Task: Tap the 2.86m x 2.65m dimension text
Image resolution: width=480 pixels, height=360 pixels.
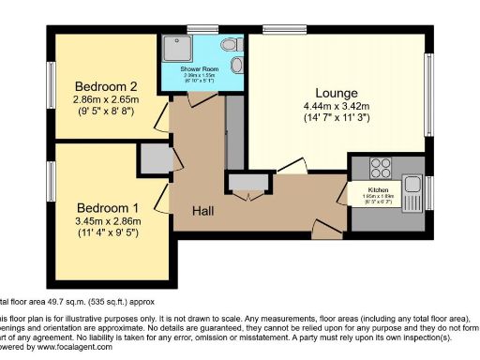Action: (x=106, y=97)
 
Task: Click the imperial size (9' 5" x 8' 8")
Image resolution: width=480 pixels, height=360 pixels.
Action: (x=106, y=110)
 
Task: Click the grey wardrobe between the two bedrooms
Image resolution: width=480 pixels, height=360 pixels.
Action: (x=153, y=159)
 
